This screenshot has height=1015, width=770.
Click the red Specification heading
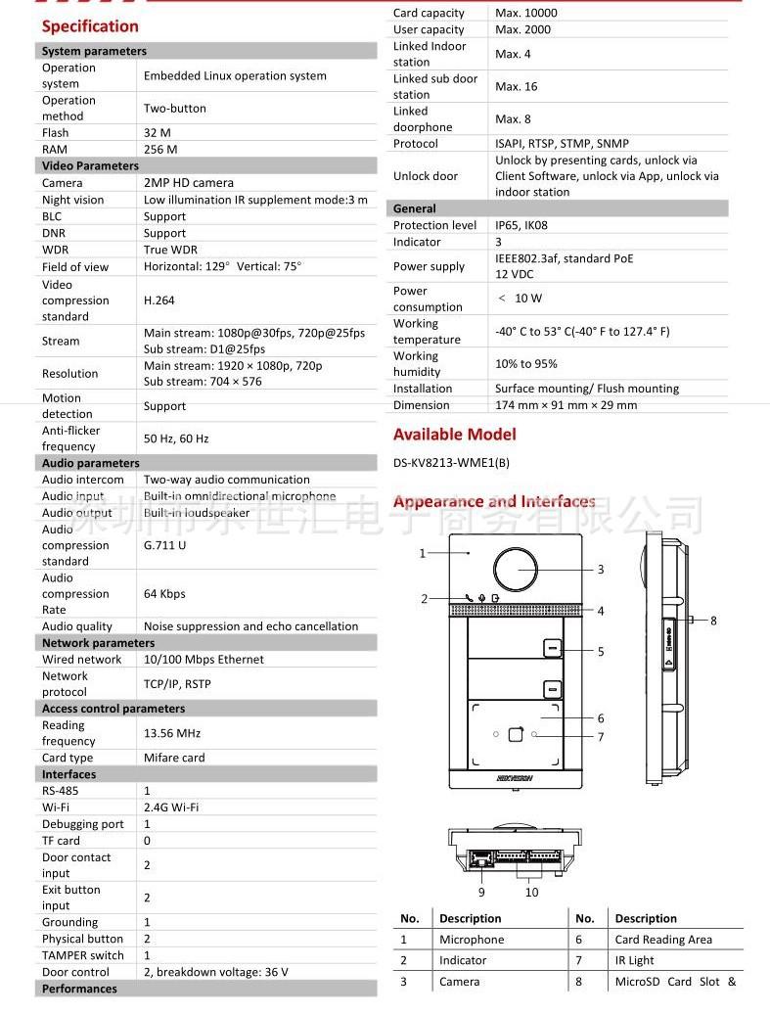coord(90,26)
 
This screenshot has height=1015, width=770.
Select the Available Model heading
coord(454,435)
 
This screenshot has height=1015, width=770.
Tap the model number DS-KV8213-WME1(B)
coord(451,463)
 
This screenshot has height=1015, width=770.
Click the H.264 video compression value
coord(159,300)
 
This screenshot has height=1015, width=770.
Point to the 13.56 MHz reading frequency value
coord(172,733)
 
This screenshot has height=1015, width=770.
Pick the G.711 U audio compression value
coord(164,545)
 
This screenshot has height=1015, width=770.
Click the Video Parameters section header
coord(90,165)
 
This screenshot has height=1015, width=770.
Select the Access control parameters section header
coord(113,709)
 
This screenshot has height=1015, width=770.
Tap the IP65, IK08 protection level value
coord(527,225)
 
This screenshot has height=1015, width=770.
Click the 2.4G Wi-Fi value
coord(171,807)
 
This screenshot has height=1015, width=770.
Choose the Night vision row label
coord(72,200)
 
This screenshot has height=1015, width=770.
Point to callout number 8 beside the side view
coord(713,620)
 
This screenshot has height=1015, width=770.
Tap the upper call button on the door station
coord(552,649)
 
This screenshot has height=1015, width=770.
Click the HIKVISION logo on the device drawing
coord(516,778)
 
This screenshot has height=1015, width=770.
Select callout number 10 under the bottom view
coord(531,892)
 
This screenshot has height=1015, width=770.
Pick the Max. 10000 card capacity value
coord(526,13)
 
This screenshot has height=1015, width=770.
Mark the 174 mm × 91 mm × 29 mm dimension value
coord(566,405)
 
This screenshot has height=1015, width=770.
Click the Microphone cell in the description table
coord(472,940)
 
